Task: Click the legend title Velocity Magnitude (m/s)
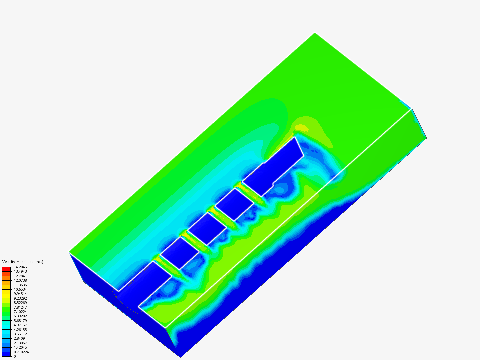pos(23,262)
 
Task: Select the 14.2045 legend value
pos(20,267)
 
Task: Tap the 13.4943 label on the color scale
pos(20,271)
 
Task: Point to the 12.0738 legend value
pos(20,280)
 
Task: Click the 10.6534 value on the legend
pos(20,289)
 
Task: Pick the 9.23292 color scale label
pos(20,298)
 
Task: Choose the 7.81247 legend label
pos(20,307)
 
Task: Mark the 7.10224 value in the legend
pos(20,312)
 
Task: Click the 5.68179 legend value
pos(20,321)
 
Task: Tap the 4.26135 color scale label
pos(20,330)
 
